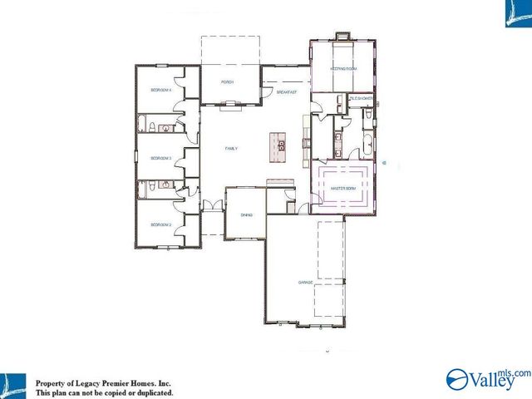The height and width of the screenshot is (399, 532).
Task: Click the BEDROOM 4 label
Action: click(160, 89)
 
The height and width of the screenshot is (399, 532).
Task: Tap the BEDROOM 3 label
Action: click(160, 157)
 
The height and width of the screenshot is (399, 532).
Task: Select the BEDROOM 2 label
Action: click(160, 224)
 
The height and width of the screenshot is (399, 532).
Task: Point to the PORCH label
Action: click(227, 82)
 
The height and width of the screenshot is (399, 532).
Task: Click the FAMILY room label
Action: click(231, 149)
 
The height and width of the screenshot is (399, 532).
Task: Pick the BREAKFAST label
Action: click(287, 92)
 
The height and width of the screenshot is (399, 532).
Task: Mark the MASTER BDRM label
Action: click(343, 189)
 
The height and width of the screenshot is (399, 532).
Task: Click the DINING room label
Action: click(246, 214)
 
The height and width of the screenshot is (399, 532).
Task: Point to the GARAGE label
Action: click(306, 283)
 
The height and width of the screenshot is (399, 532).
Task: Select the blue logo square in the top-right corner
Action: click(517, 13)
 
